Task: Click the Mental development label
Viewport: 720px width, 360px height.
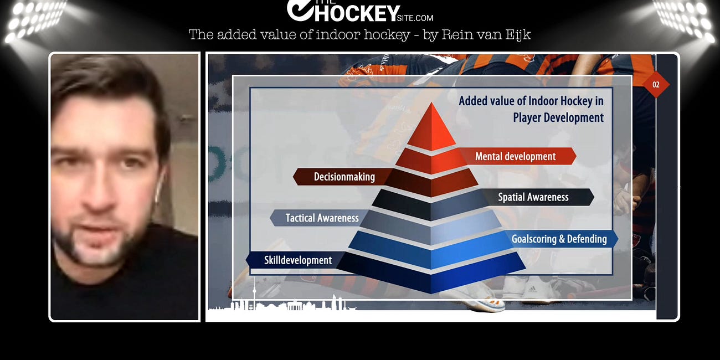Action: pyautogui.click(x=516, y=156)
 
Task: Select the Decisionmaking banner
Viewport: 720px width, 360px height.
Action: pyautogui.click(x=344, y=177)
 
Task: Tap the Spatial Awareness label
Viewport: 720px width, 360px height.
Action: pyautogui.click(x=533, y=197)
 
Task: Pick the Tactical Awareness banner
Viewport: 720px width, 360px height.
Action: pyautogui.click(x=322, y=218)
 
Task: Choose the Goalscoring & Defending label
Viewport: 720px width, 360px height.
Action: pyautogui.click(x=559, y=239)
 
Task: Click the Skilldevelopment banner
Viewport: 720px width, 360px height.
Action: pyautogui.click(x=298, y=260)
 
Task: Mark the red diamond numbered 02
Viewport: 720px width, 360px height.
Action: pyautogui.click(x=656, y=85)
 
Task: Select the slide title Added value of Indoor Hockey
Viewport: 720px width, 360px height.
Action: pyautogui.click(x=531, y=101)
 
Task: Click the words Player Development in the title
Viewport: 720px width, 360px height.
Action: pyautogui.click(x=558, y=117)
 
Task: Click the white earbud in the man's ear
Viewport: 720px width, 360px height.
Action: pyautogui.click(x=157, y=188)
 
